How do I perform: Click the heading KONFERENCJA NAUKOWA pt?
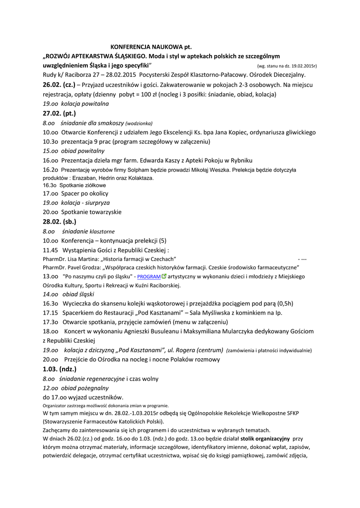[x=150, y=47]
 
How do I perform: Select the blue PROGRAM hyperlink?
[x=149, y=276]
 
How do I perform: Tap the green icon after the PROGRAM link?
[x=164, y=276]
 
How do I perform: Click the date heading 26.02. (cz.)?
[x=59, y=85]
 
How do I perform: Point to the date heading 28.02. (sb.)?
[x=60, y=221]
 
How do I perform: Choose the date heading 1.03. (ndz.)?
[x=58, y=369]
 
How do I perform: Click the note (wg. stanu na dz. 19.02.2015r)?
[x=287, y=66]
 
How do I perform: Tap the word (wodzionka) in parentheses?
[x=139, y=123]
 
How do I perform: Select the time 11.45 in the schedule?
[x=50, y=250]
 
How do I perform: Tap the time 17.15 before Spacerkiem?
[x=50, y=313]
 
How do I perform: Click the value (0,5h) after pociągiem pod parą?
[x=285, y=304]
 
